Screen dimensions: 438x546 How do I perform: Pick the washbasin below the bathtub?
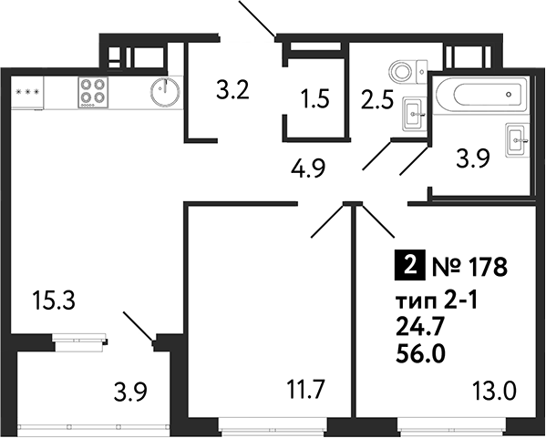coord(518,139)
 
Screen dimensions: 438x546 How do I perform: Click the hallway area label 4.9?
coord(309,168)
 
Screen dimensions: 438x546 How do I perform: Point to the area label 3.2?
coord(232,90)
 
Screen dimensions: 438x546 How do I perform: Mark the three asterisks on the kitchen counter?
coord(28,92)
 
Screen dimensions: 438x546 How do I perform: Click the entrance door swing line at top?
coord(258,18)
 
